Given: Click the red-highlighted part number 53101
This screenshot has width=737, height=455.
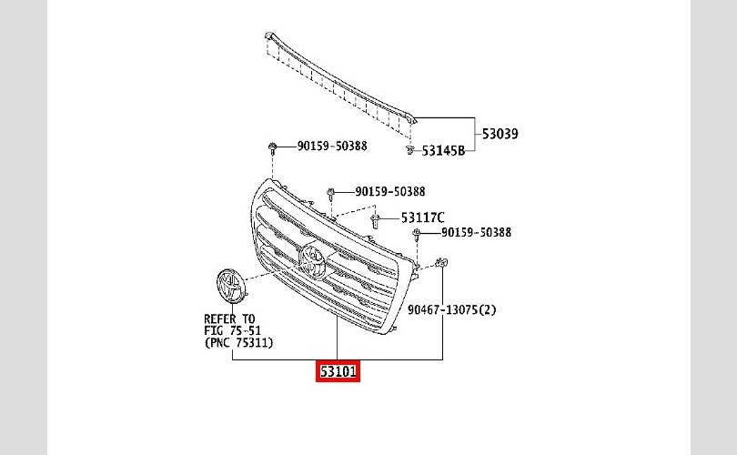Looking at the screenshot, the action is click(x=338, y=371).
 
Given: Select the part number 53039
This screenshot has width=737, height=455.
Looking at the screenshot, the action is click(x=500, y=134).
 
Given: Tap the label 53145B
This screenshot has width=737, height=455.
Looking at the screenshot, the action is click(x=443, y=151).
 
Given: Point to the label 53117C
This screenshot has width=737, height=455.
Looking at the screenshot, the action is click(x=422, y=217).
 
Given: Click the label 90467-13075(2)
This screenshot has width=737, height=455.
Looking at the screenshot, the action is click(x=451, y=309).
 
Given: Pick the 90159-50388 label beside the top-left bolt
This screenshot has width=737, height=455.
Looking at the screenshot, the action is click(x=332, y=146).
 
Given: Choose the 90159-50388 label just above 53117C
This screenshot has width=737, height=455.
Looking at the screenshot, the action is click(x=390, y=191).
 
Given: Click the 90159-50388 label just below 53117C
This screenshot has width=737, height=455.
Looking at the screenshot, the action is click(x=476, y=232).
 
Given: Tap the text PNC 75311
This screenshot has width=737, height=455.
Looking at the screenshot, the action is click(x=239, y=343).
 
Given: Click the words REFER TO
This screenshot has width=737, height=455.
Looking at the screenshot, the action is click(x=229, y=319).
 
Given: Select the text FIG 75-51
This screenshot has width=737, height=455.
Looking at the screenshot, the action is click(x=232, y=330).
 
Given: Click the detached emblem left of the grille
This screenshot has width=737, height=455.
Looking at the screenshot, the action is click(x=231, y=286).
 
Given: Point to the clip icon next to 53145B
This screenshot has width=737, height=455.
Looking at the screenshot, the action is click(x=410, y=150).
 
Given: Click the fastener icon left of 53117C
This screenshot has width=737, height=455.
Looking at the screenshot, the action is click(x=376, y=220).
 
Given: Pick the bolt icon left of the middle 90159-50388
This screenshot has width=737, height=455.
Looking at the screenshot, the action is click(x=331, y=193).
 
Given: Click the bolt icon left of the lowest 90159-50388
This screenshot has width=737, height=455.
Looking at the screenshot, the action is click(x=416, y=234).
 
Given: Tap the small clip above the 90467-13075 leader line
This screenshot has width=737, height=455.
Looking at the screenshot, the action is click(x=441, y=263).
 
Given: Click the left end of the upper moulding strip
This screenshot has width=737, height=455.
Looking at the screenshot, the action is click(x=268, y=35).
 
